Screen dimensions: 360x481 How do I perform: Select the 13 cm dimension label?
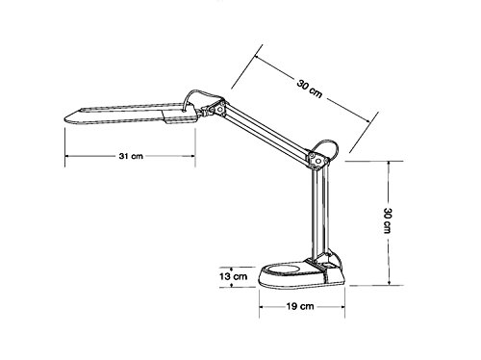pos(234,276)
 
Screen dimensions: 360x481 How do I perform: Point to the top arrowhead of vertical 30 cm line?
pos(389,163)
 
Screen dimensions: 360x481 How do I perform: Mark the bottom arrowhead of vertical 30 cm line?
pos(389,286)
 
